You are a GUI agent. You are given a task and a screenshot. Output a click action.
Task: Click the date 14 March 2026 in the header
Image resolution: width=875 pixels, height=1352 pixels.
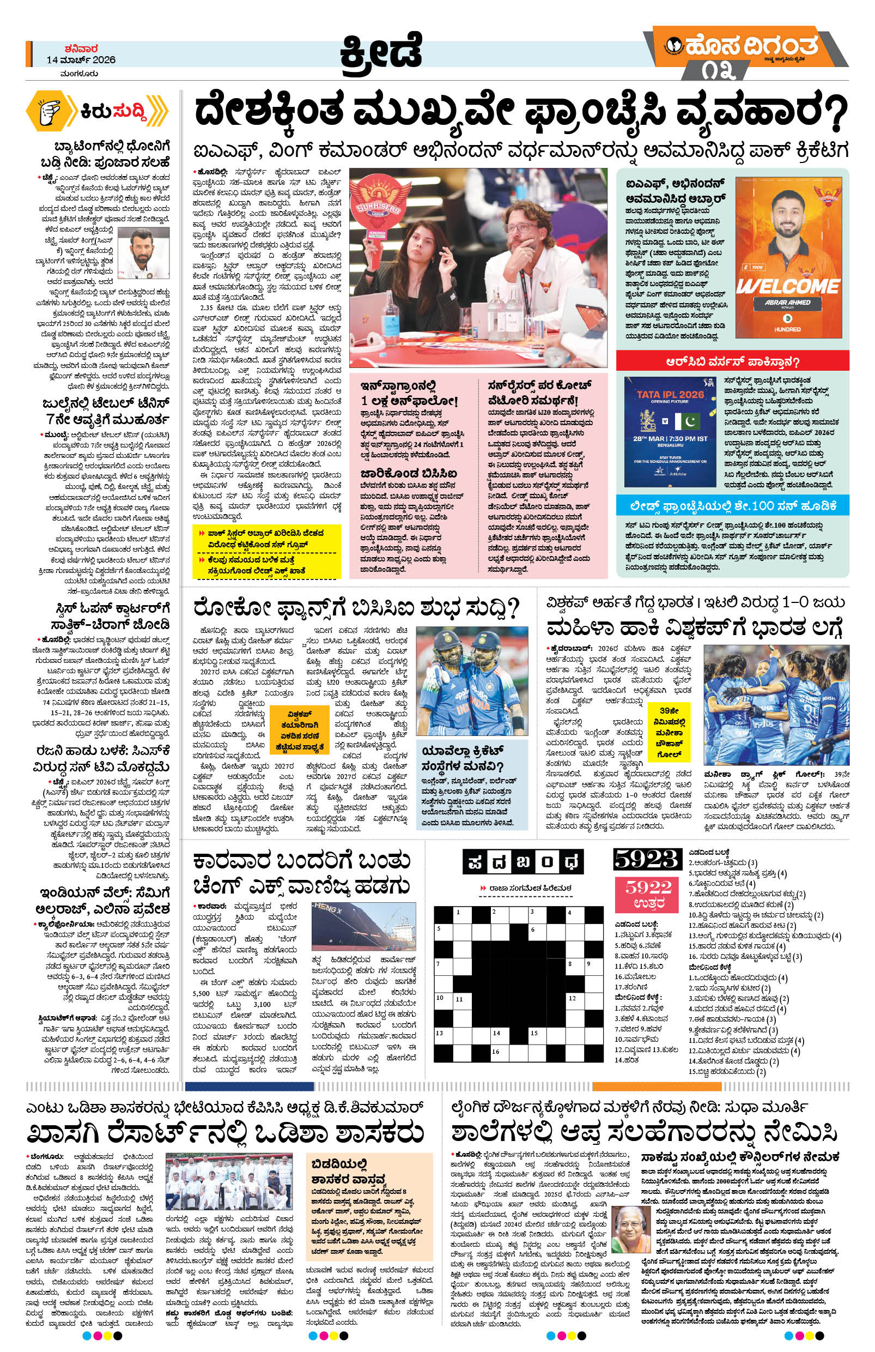click(81, 59)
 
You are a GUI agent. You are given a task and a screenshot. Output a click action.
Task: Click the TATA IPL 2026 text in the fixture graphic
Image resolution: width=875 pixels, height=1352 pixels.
click(670, 394)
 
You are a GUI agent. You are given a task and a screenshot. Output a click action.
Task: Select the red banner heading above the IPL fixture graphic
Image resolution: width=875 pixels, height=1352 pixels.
click(732, 362)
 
